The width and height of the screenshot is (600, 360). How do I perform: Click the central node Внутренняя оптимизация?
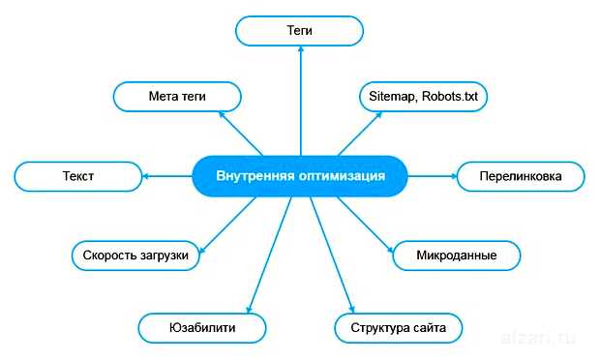point(300,176)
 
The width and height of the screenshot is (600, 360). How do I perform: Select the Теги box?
point(300,31)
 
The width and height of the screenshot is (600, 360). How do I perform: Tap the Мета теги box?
point(177,97)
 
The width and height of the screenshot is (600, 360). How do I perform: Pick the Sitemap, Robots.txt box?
point(423,97)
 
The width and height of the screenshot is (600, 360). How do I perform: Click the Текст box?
point(77,177)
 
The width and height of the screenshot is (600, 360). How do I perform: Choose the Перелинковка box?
point(521,177)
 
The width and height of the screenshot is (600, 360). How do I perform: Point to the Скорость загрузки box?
point(136,256)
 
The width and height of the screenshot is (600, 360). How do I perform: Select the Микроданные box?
point(457,255)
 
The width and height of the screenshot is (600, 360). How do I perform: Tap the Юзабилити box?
point(202,328)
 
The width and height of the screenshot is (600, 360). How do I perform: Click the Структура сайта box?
point(398,328)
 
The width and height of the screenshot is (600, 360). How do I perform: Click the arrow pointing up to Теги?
point(300,97)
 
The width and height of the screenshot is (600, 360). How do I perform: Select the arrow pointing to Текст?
point(166,176)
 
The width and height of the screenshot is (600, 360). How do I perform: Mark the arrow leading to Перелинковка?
point(432,176)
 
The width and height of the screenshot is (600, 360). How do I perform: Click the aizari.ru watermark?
point(540,340)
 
